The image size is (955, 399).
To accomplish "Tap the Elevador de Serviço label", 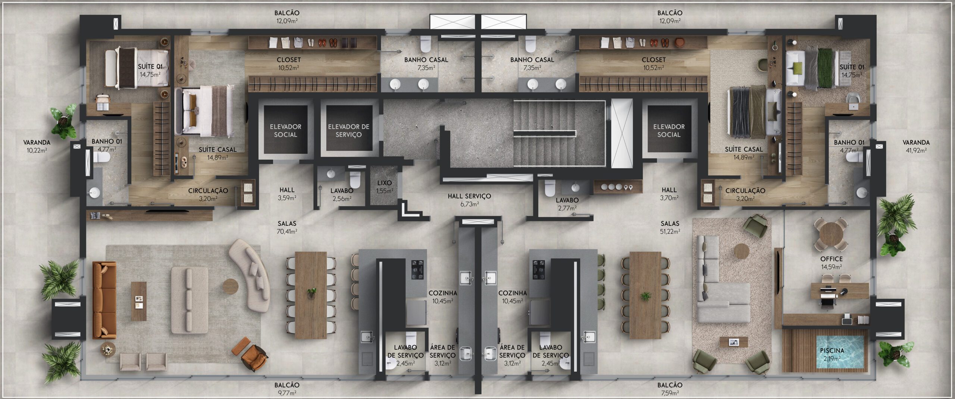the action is point(348,131).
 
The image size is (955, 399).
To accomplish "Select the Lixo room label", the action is point(384,187).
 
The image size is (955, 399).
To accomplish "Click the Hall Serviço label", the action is point(469,200).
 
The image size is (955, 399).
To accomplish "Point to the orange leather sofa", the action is point(104,300).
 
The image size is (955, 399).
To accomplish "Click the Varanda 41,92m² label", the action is point(916,146).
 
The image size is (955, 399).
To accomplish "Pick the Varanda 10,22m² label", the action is point(37,146).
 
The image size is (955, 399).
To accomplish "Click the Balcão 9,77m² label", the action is point(287,389).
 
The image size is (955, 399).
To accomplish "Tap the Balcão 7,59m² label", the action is point(670,389).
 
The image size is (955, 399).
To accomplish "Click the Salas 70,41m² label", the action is point(287,227).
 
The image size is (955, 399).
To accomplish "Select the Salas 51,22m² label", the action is point(670,227).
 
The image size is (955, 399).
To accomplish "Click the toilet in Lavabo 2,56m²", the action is point(355,179).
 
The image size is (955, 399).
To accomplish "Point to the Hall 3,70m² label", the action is point(669,194).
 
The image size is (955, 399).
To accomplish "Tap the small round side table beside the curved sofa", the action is point(231,286).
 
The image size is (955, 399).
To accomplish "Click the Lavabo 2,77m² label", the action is point(567,204).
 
